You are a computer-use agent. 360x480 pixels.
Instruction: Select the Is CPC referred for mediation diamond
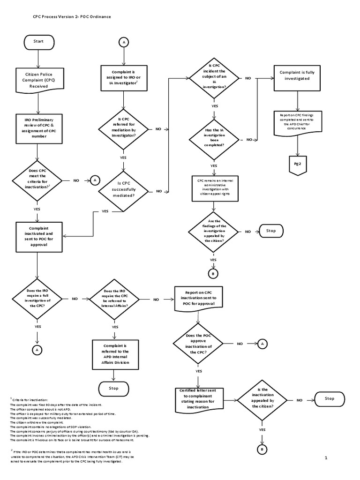123,128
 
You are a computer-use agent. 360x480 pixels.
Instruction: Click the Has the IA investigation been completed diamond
214,139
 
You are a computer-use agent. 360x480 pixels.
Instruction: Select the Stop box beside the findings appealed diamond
271,231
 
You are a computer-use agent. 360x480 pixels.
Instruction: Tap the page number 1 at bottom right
325,457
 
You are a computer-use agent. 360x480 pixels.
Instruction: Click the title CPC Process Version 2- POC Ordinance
71,17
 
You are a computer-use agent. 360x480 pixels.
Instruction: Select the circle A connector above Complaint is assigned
124,43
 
